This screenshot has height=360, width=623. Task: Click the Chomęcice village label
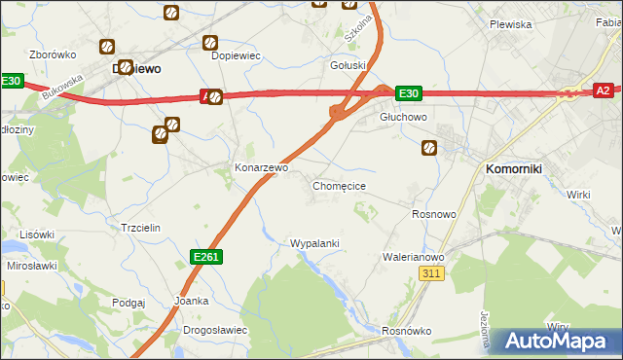[x=339, y=185]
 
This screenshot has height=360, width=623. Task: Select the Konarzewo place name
[x=261, y=167]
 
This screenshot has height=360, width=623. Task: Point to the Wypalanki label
[x=314, y=242]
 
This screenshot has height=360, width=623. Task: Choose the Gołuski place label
[x=348, y=66]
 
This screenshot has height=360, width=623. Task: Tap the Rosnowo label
[x=434, y=213]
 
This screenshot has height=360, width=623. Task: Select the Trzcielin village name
[x=140, y=227]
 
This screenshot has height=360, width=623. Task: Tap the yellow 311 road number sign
[x=432, y=275]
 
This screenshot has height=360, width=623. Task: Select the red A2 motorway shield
[x=603, y=90]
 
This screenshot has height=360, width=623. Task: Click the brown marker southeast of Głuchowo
[x=429, y=148]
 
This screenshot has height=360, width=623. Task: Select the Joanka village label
[x=191, y=301]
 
